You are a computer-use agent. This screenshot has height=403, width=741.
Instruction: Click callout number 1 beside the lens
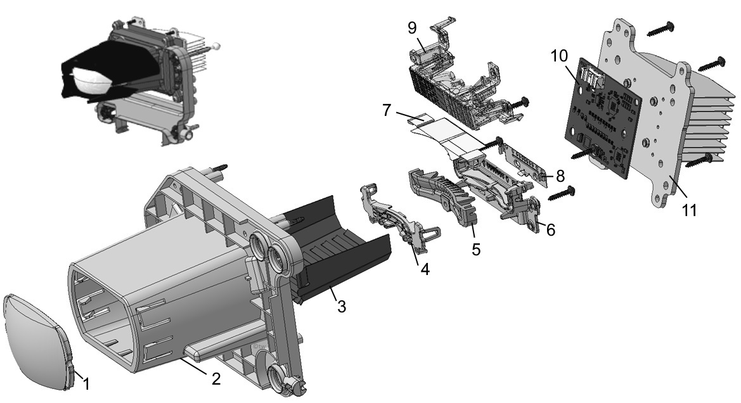(x=87, y=383)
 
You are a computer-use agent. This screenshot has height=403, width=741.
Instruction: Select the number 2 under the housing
(x=216, y=378)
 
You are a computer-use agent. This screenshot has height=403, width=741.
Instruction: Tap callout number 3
(x=341, y=308)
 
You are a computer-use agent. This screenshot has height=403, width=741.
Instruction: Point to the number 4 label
(x=424, y=269)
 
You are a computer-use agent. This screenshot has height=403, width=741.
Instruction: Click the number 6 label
(x=550, y=230)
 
